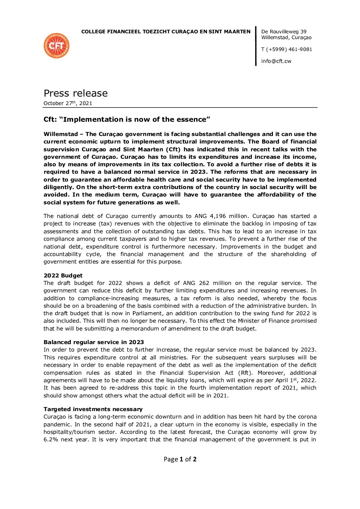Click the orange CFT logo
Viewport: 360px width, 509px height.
click(56, 46)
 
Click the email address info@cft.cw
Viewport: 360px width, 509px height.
click(276, 61)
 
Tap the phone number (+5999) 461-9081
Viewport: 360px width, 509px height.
click(289, 49)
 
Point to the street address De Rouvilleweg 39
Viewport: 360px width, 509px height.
click(284, 32)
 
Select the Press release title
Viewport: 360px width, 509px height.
click(76, 93)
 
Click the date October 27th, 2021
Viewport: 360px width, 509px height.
click(68, 103)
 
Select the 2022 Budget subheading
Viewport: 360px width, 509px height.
click(63, 275)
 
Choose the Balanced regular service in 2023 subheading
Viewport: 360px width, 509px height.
click(94, 342)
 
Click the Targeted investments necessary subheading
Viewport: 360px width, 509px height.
click(93, 409)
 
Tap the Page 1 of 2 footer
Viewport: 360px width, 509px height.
click(180, 459)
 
